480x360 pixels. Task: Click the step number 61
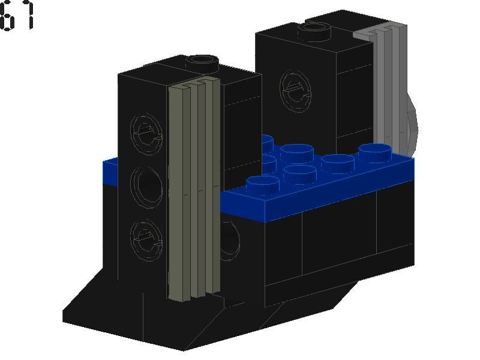pos(17,16)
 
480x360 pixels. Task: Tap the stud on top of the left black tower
pos(200,60)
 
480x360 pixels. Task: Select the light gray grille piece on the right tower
pos(388,90)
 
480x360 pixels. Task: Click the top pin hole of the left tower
pos(146,131)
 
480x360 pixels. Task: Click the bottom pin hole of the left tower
pos(146,236)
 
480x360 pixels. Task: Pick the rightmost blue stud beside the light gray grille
pos(376,151)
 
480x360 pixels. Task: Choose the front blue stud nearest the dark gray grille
pos(263,183)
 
